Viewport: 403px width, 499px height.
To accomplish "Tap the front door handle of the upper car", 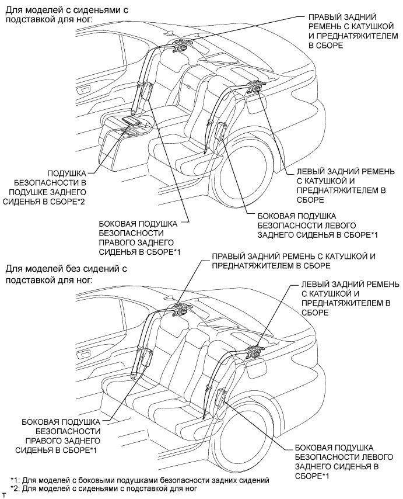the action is [84, 89].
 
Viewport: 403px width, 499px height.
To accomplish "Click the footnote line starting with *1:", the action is [140, 480].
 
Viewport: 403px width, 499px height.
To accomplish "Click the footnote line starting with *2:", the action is [104, 488].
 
